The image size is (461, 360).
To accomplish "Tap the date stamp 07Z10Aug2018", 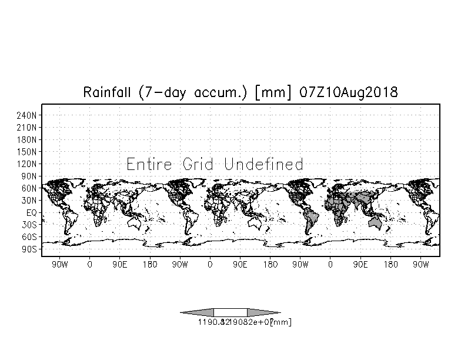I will point(349,93).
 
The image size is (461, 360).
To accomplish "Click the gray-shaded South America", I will point(310,221).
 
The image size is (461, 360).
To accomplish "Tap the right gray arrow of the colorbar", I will point(262,312).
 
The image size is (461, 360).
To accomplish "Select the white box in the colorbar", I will point(230,312).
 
